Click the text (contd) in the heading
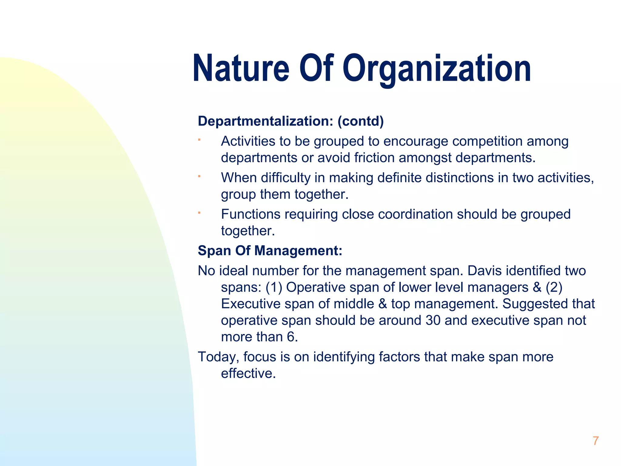361,121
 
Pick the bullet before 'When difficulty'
199,176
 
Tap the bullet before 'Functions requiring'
199,213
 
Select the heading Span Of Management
270,251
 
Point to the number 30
433,320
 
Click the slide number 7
596,441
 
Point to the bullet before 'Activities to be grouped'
199,140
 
